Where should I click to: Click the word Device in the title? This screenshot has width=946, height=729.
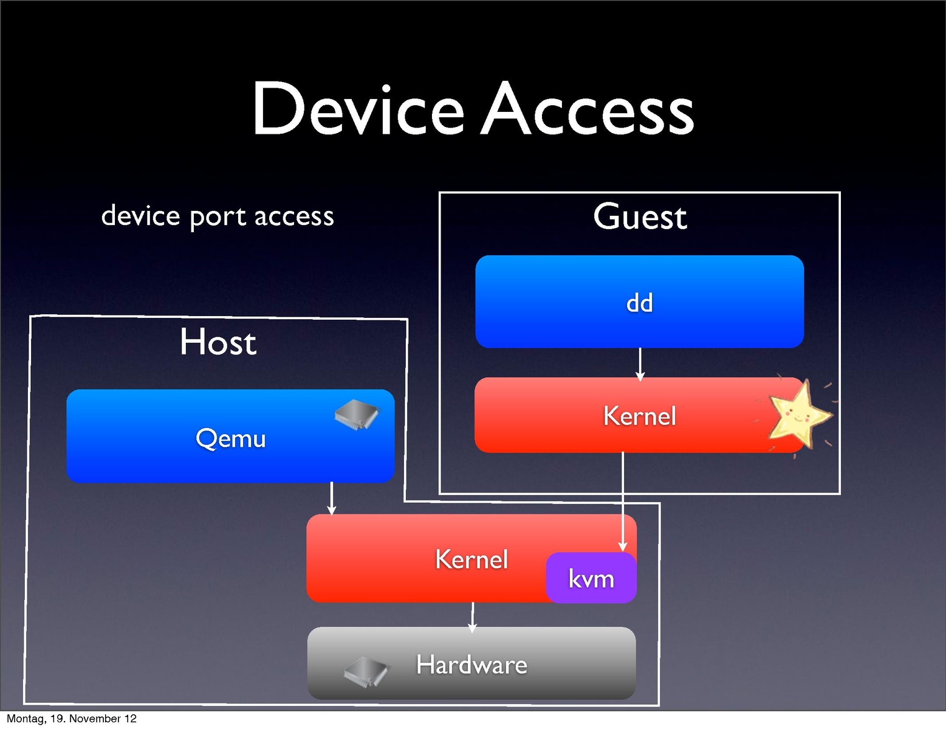click(x=358, y=109)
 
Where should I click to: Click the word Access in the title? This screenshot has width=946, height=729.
click(x=587, y=109)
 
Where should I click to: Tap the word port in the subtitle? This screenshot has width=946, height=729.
click(x=217, y=217)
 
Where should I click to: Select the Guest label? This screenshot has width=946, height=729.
click(x=640, y=217)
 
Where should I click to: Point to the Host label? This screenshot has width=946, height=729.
click(x=218, y=342)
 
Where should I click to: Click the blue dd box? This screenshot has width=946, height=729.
click(x=639, y=302)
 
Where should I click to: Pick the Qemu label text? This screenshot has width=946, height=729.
click(x=231, y=438)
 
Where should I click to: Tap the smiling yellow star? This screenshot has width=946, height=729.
click(x=798, y=416)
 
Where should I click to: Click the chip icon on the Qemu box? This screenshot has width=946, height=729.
click(x=357, y=415)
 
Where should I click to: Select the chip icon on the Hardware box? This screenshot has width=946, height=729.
click(x=366, y=671)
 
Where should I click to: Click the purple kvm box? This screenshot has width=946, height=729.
click(x=591, y=578)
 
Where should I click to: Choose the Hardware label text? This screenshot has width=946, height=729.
click(x=471, y=665)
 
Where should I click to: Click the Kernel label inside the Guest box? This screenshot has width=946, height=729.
click(x=639, y=416)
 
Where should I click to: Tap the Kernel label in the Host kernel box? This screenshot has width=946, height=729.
click(x=471, y=559)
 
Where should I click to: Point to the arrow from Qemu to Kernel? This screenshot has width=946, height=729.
click(x=331, y=498)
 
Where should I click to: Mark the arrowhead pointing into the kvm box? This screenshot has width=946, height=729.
click(x=622, y=547)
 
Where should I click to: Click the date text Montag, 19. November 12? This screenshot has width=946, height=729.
click(x=72, y=719)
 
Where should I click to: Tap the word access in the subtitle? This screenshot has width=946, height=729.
click(x=294, y=217)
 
